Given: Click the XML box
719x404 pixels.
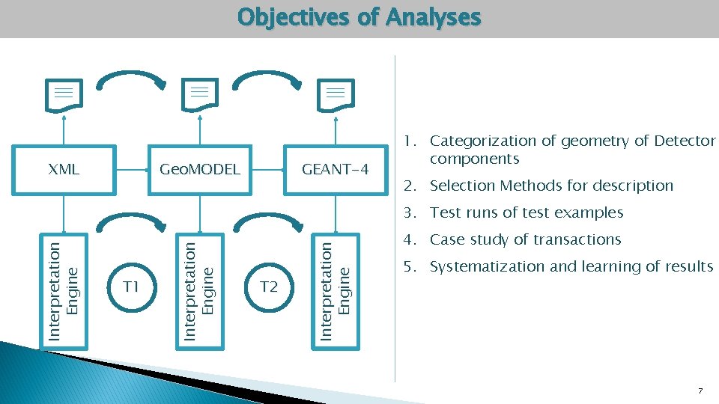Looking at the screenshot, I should pyautogui.click(x=64, y=169).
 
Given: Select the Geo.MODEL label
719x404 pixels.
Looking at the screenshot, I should pyautogui.click(x=200, y=169).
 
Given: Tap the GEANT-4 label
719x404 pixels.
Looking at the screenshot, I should pyautogui.click(x=336, y=169).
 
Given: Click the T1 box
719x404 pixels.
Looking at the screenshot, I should pyautogui.click(x=132, y=287).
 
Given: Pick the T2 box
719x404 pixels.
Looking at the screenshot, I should pyautogui.click(x=269, y=287).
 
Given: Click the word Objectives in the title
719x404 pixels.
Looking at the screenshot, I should pyautogui.click(x=295, y=17).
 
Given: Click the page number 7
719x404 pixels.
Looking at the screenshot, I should pyautogui.click(x=700, y=391).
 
